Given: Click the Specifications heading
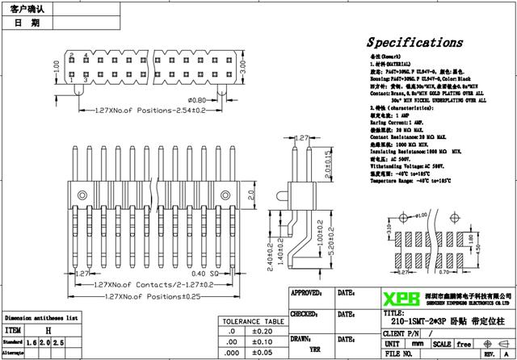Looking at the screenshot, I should coord(415,42).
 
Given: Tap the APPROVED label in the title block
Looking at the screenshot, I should coord(308,293).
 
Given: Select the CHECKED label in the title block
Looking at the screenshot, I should coord(305,313).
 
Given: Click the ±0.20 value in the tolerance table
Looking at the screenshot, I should coord(262,331).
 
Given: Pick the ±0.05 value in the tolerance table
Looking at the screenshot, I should coord(262,353).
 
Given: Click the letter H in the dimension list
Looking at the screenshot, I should coord(48,330).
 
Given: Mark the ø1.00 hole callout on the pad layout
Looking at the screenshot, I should coord(421,215).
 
